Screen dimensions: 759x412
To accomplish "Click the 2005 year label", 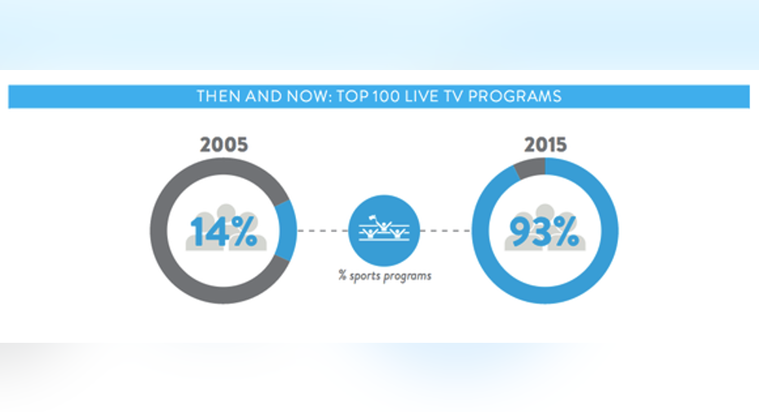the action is [223, 145].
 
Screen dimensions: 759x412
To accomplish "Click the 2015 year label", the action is [545, 145].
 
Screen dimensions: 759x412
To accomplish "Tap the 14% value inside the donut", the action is [223, 232].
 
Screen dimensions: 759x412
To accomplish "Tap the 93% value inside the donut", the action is [545, 232].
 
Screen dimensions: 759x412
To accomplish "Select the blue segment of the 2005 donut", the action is [288, 230].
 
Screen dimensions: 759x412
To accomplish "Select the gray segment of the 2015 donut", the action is [531, 169].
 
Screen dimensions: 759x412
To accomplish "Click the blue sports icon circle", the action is [384, 230].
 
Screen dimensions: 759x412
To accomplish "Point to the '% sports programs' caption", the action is [385, 276].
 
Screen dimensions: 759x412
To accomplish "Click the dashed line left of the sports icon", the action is [322, 230].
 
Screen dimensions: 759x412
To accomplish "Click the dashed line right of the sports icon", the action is [446, 230].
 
